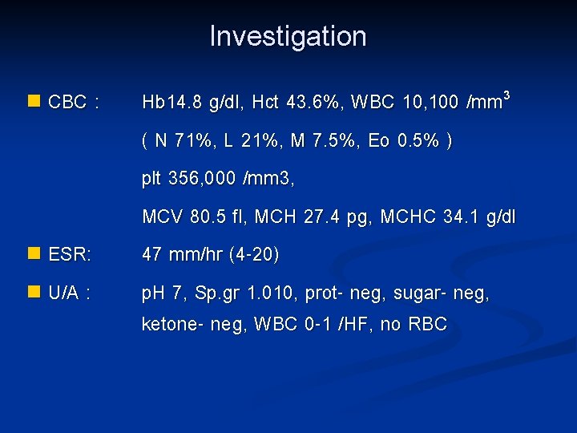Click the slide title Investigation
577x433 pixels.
pos(288,37)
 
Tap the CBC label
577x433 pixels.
pos(69,103)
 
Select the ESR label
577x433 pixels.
pos(70,256)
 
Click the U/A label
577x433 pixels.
pos(69,294)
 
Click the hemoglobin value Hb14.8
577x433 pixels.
pos(171,103)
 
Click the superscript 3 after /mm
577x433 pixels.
pos(507,95)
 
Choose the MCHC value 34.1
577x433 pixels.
pos(455,217)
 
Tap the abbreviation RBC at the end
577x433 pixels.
pos(430,326)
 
